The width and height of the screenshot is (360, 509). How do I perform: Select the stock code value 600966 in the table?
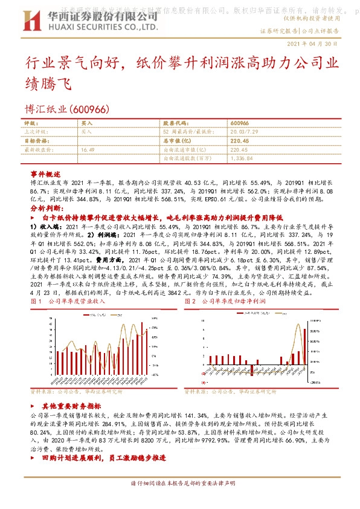click(x=240, y=122)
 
